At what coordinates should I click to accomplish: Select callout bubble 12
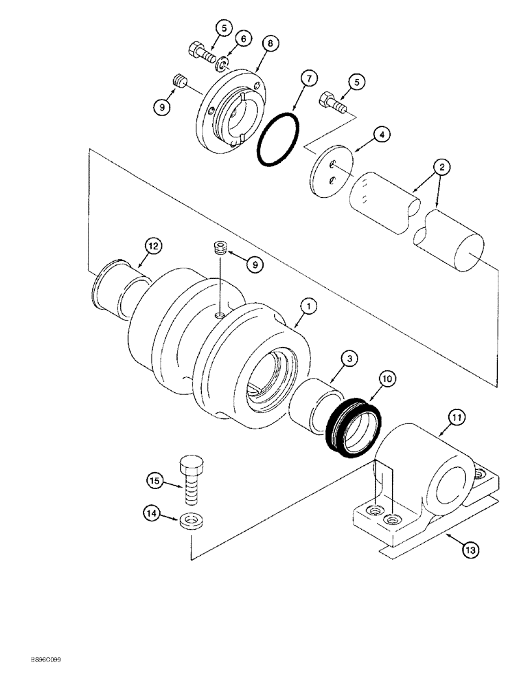coord(152,244)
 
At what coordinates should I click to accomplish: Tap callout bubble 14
coord(152,512)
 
